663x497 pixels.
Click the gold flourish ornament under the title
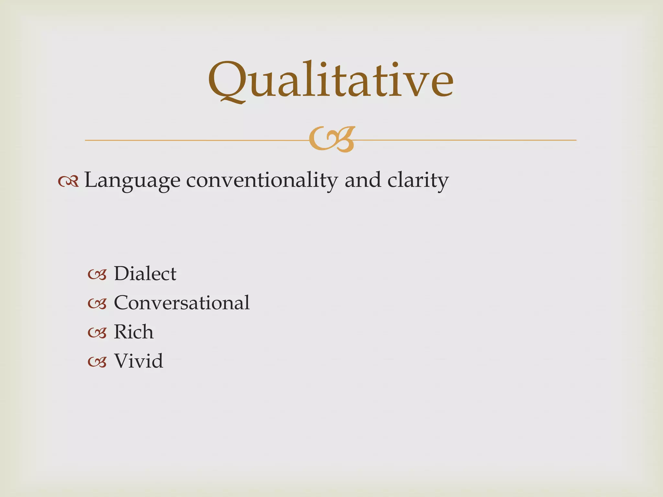331,139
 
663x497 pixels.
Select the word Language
132,181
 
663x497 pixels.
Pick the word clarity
418,181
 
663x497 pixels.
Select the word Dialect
145,274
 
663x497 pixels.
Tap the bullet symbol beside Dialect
97,275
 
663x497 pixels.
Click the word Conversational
182,303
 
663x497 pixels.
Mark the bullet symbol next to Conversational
97,304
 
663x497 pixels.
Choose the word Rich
134,332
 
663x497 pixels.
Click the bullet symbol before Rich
97,333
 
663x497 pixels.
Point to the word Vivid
139,361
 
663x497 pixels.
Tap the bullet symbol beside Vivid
97,362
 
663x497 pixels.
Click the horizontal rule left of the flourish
194,140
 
